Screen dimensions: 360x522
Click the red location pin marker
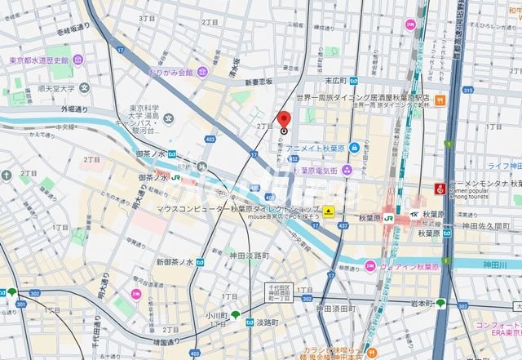coord(284,120)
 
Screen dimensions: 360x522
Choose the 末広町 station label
coord(336,81)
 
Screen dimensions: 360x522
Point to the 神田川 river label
coord(509,265)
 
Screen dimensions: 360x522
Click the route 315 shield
coord(467,90)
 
